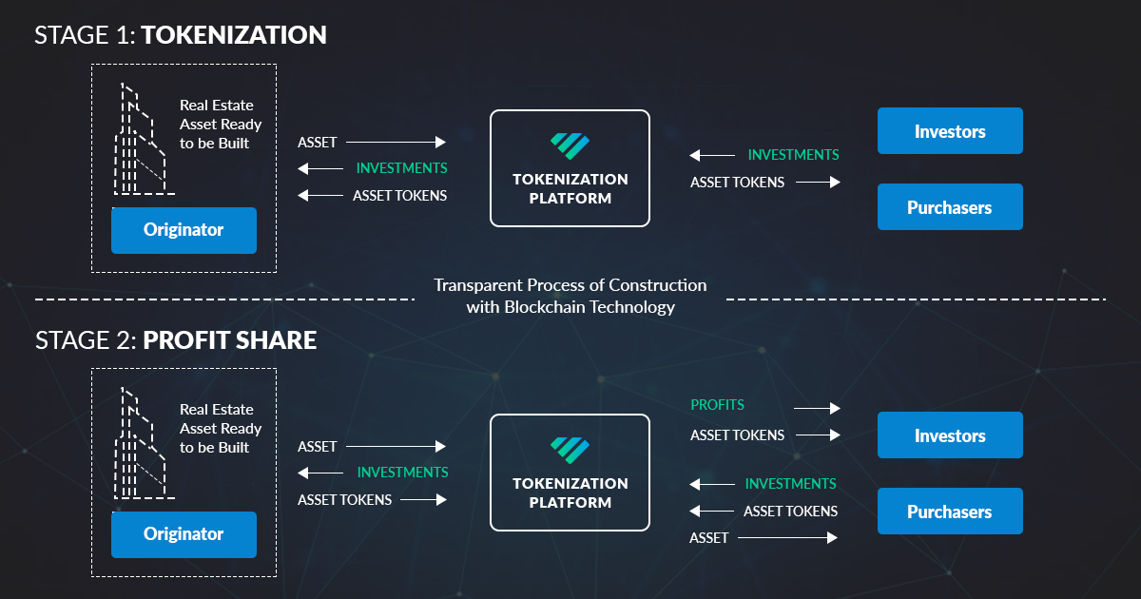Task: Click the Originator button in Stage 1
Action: [184, 230]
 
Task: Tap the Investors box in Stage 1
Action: [950, 131]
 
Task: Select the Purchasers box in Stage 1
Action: [950, 207]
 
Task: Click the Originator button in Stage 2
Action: [184, 534]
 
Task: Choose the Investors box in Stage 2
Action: [950, 435]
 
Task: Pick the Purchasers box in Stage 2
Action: [950, 512]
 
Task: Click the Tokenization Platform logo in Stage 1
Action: [570, 145]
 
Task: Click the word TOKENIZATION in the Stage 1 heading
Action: [235, 35]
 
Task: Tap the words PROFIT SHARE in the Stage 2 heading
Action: [230, 339]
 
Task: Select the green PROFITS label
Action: [718, 405]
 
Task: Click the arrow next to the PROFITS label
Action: [817, 408]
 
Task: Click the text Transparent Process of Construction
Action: [570, 285]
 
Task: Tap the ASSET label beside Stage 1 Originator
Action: [318, 143]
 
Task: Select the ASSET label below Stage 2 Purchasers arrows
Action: [709, 538]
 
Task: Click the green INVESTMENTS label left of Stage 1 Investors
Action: [793, 154]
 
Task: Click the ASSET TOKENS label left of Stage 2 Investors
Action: [738, 435]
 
